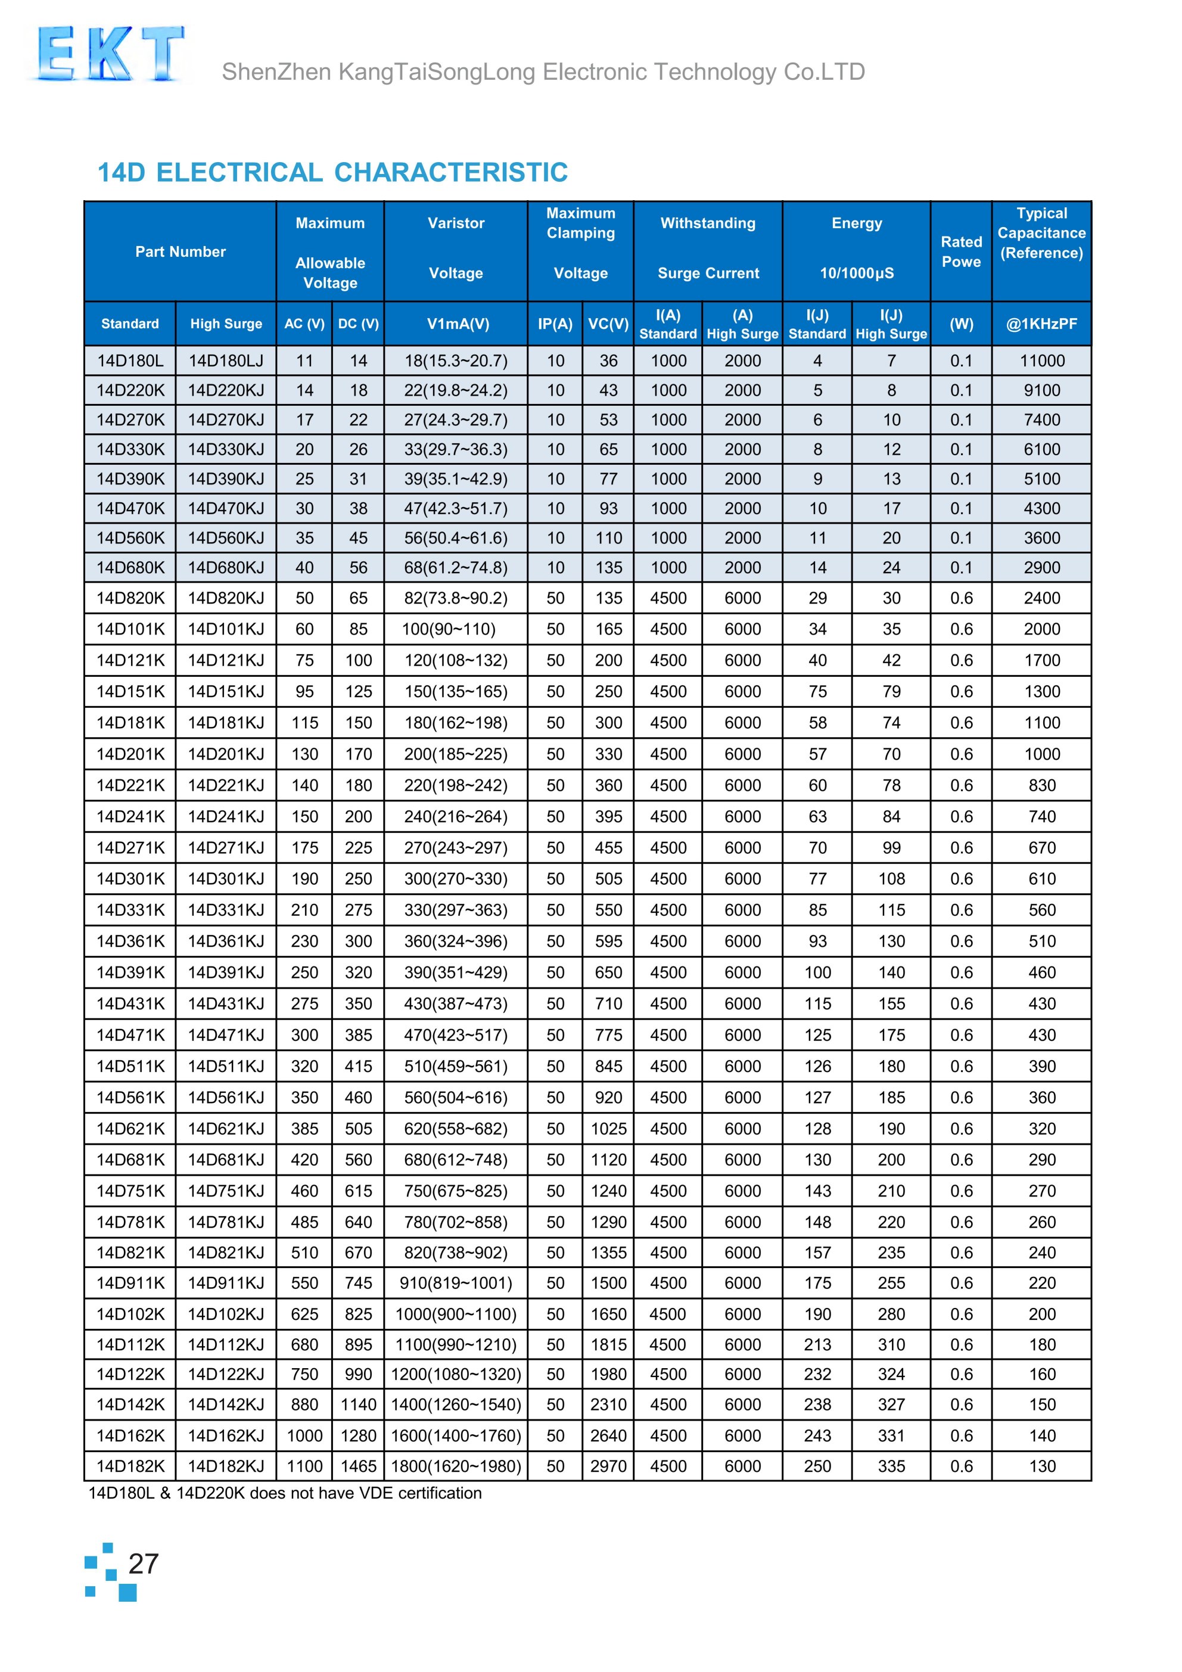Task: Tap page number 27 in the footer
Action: pos(143,1564)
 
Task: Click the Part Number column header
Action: pos(180,251)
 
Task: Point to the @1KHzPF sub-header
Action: pos(1041,324)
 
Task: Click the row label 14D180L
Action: pos(130,360)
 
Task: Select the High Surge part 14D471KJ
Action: pos(226,1035)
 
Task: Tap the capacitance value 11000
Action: pos(1041,360)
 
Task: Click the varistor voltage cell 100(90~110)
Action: pos(449,629)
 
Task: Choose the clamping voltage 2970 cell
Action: pos(608,1466)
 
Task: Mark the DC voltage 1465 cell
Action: pos(358,1466)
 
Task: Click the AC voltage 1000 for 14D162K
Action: pos(304,1435)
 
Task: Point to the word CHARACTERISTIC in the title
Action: pos(451,173)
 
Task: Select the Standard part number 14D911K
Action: pos(130,1283)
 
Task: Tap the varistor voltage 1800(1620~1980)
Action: pos(456,1466)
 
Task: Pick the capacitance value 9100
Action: pos(1041,390)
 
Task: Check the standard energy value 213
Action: pos(817,1344)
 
